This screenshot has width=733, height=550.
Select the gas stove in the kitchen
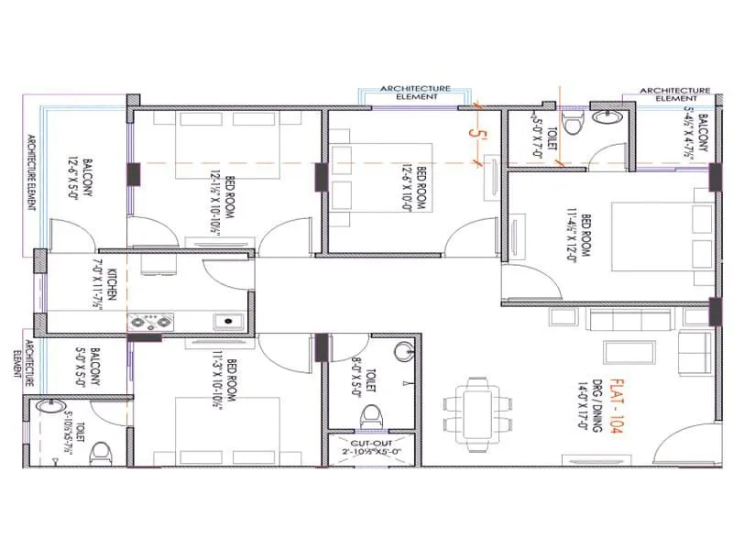click(150, 321)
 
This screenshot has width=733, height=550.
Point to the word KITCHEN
click(110, 285)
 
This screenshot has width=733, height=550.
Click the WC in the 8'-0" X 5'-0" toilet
click(371, 416)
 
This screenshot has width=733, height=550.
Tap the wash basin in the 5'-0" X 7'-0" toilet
click(607, 117)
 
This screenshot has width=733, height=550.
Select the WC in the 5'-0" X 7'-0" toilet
click(571, 124)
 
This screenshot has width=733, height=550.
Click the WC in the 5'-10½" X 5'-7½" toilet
click(101, 450)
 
